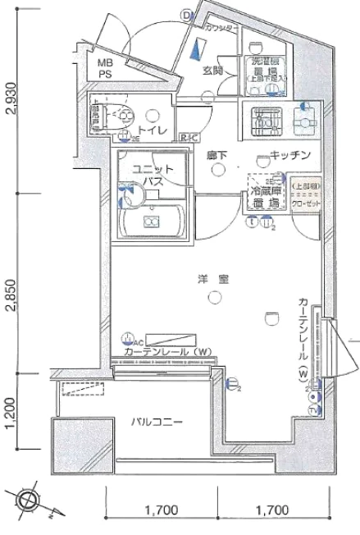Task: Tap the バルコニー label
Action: click(x=156, y=423)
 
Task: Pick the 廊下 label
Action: click(x=216, y=154)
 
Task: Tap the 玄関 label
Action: click(x=213, y=71)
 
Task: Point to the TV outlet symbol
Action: click(x=313, y=409)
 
